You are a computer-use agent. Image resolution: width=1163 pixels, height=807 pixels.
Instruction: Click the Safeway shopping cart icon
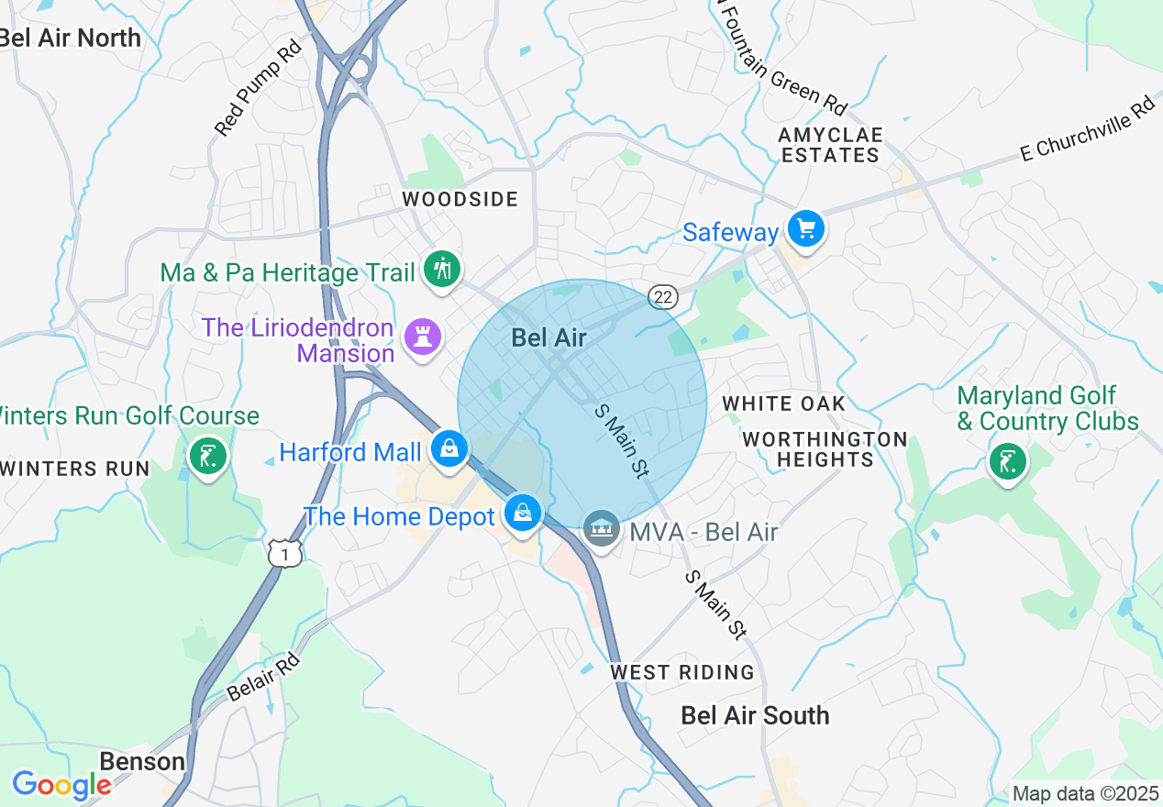pos(806,228)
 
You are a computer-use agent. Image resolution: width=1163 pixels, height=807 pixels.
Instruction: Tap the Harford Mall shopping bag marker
pos(449,449)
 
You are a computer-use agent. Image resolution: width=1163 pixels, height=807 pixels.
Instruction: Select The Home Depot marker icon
pos(522,513)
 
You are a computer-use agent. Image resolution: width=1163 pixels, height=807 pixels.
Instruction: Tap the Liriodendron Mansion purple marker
pos(423,337)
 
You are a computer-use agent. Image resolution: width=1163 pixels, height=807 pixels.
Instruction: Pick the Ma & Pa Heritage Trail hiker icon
pos(442,270)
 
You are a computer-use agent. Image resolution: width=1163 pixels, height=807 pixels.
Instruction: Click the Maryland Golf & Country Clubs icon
pos(1007,460)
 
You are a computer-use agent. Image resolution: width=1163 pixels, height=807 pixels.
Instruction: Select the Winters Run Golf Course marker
pos(208,455)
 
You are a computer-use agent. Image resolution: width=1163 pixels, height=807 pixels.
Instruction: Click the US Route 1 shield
pos(284,552)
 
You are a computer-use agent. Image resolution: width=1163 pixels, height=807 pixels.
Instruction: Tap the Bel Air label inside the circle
pos(548,337)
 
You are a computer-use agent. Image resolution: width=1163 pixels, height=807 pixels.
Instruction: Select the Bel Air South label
pos(755,715)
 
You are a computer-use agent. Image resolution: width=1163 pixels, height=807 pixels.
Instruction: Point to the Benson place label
pos(142,761)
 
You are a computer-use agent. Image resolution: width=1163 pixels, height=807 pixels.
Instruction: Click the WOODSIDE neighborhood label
pos(460,199)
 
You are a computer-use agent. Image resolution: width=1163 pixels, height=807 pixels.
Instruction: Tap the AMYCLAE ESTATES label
pos(830,145)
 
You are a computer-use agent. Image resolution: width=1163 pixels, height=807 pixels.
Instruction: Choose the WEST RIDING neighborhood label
pos(682,672)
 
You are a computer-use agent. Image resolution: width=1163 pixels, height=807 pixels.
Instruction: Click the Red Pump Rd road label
pos(259,89)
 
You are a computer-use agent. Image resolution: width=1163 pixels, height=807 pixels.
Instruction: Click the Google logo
pos(61,785)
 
